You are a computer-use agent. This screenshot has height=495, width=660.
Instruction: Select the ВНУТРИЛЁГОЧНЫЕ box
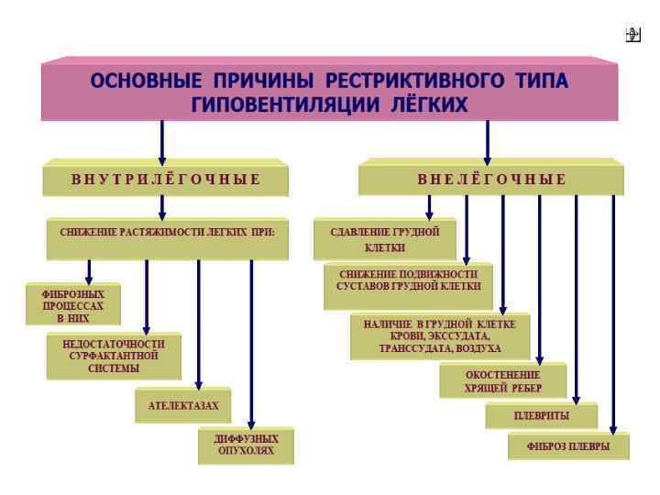(166, 179)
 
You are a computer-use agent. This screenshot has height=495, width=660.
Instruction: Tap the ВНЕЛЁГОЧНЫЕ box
(491, 179)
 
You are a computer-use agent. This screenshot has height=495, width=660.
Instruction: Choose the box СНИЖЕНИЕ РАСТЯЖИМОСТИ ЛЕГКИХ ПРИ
(167, 233)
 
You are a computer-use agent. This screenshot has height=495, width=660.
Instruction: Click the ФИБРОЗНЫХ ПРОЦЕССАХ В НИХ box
(73, 306)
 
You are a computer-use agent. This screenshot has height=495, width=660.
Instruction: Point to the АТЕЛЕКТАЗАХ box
(183, 405)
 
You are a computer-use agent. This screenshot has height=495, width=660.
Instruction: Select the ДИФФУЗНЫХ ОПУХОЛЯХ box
(247, 445)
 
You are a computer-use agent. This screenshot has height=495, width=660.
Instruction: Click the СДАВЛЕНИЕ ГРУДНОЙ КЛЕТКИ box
(385, 239)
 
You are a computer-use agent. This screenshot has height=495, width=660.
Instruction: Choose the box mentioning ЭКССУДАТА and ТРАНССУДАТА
(440, 336)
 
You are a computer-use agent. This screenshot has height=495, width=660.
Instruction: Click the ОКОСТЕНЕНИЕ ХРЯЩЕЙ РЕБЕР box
(502, 380)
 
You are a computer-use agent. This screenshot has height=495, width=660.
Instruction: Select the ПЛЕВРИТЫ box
(541, 416)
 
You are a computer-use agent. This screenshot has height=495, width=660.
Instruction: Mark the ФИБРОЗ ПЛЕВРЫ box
(569, 447)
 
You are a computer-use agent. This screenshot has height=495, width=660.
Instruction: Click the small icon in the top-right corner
(632, 35)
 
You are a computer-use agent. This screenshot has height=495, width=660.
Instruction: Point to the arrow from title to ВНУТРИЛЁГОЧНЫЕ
(162, 142)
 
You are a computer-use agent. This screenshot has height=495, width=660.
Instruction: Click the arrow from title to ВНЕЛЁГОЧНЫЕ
(487, 142)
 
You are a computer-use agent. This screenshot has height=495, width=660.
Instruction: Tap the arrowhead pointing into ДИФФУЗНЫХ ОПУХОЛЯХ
(251, 423)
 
